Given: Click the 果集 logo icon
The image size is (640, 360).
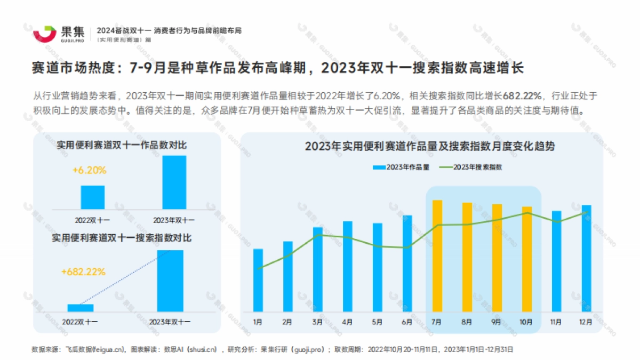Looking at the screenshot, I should tap(45, 33).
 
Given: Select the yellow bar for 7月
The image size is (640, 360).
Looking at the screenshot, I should tap(437, 256).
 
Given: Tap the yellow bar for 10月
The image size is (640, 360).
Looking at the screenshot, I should tap(526, 259).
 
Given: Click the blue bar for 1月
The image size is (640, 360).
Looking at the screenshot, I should tap(258, 281).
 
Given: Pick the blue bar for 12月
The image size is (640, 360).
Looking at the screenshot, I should tap(586, 259).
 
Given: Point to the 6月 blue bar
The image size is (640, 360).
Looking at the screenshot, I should tap(407, 263).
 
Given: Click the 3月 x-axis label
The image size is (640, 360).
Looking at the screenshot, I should tap(317, 322).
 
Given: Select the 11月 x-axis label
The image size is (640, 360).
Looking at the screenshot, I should tap(556, 322).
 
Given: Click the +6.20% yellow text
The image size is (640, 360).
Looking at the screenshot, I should tap(89, 171).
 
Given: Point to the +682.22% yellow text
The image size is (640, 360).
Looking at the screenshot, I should tap(83, 271).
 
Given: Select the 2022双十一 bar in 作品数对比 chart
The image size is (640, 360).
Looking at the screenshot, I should tap(93, 197).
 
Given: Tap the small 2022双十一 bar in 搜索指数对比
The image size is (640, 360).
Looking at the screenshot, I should tap(81, 308).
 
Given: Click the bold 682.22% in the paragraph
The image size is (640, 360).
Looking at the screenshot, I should tap(522, 96).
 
